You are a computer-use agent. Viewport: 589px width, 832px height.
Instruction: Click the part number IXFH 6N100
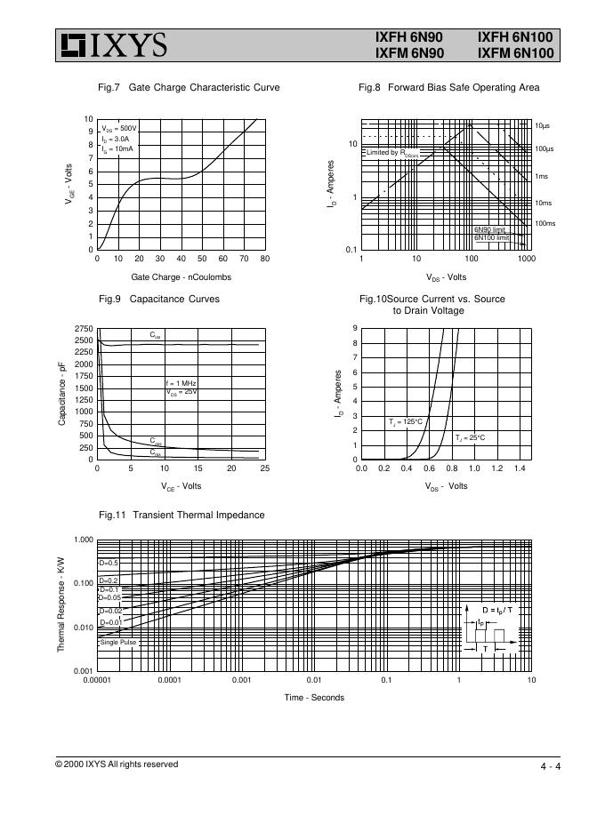point(515,37)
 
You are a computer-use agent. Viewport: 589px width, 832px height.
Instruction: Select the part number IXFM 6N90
point(409,53)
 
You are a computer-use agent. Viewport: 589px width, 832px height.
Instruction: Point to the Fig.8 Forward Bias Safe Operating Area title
point(448,87)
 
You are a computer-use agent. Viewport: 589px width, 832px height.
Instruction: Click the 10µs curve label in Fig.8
point(543,126)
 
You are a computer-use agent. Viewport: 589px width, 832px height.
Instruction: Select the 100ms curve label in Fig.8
point(545,223)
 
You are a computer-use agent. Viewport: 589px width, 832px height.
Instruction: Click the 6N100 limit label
point(490,237)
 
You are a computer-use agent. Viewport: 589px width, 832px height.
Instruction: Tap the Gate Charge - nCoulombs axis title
point(181,276)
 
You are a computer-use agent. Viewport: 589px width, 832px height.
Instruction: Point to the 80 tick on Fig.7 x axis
point(264,259)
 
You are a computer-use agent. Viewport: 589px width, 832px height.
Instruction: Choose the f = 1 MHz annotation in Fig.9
point(181,382)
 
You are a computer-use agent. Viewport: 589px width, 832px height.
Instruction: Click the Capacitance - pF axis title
point(61,393)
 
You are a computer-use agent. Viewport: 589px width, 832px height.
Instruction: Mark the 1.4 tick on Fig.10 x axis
point(520,468)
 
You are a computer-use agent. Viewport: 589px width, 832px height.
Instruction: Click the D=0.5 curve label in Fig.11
point(109,563)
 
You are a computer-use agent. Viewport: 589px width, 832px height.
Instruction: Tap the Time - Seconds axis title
point(314,697)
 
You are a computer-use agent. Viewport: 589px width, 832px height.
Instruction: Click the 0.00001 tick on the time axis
point(96,680)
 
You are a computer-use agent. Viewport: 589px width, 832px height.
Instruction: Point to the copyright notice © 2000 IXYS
point(117,764)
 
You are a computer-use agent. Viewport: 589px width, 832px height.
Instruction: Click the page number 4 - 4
point(549,766)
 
